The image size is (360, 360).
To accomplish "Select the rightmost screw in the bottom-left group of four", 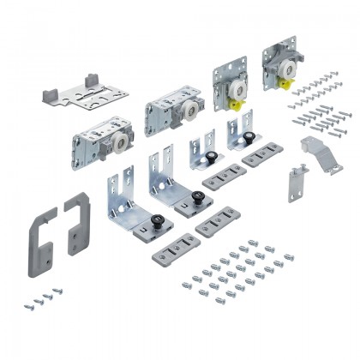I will click(x=57, y=291).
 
